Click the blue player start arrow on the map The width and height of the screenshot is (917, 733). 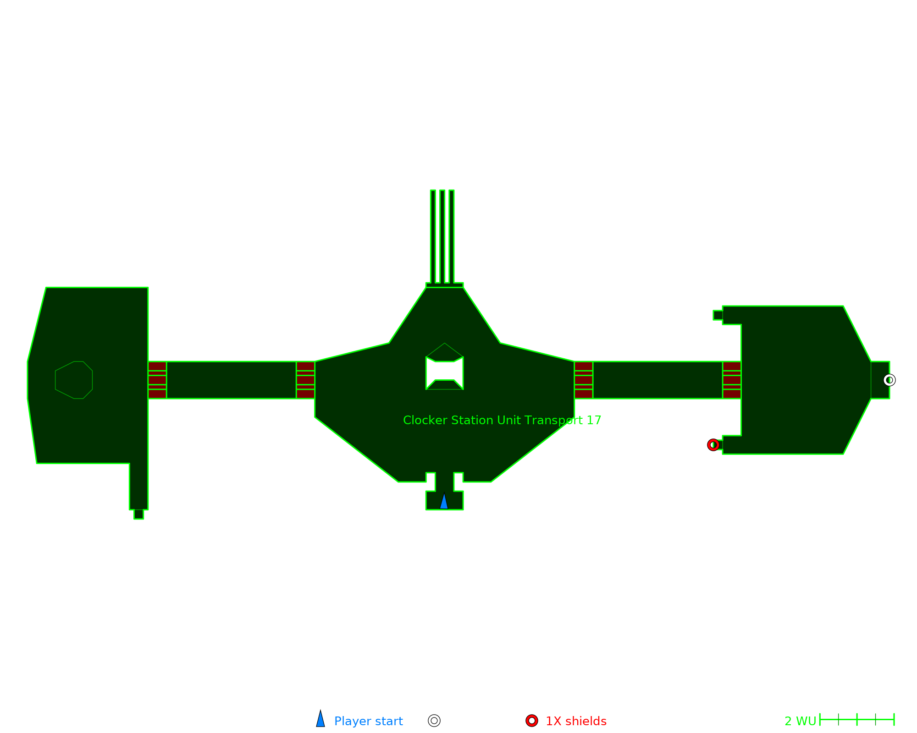point(444,501)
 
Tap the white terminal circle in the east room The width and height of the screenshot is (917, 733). point(889,380)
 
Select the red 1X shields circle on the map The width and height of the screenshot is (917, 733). point(713,445)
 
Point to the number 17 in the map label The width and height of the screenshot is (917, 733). point(594,420)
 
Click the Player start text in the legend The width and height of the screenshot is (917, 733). point(368,721)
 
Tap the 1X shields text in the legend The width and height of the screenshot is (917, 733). point(576,721)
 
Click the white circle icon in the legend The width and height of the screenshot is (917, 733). point(434,721)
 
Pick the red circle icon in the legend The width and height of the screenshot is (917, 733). point(532,721)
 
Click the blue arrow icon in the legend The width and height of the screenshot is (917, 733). point(320,719)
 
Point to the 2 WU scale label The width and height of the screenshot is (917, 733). point(800,721)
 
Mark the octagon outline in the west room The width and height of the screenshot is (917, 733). point(74,380)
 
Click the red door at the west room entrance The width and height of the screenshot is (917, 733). point(157,380)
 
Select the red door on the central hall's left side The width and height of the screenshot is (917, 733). point(305,380)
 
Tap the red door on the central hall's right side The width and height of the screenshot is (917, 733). point(583,380)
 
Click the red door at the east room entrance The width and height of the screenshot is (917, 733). point(732,380)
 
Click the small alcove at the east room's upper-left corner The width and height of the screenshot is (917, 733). point(718,315)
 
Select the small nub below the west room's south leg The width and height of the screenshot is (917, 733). point(138,514)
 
